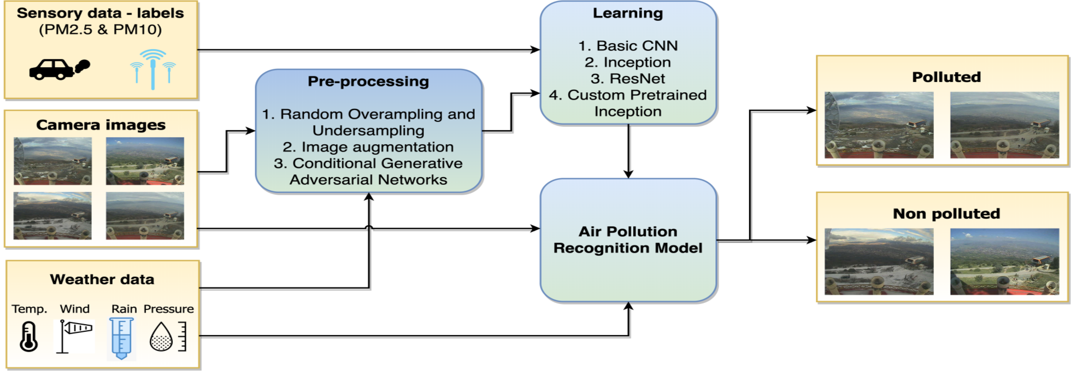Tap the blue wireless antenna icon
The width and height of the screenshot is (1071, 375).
[x=153, y=69]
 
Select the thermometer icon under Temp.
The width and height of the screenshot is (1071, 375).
[x=29, y=336]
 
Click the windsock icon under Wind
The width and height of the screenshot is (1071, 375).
[x=75, y=335]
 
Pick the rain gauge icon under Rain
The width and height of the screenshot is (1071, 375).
[x=121, y=338]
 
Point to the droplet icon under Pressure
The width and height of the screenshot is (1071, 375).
[x=162, y=337]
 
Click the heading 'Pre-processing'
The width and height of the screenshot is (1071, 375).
[x=368, y=81]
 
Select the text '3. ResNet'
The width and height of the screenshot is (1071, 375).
[x=628, y=79]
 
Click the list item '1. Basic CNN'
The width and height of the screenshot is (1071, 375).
[x=628, y=46]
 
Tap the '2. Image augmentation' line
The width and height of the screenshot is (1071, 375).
[x=368, y=147]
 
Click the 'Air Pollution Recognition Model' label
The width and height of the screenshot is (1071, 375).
[x=628, y=240]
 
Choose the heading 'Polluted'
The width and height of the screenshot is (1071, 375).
[x=946, y=77]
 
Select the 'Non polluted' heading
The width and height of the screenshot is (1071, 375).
[x=946, y=214]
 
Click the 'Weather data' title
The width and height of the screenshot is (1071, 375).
[x=102, y=279]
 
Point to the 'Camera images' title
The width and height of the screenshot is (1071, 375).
[x=101, y=125]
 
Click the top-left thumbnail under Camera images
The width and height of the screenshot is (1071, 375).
[x=53, y=161]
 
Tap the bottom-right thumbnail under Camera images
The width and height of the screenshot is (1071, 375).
[x=145, y=215]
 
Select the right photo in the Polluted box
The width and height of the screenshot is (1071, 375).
[x=1004, y=125]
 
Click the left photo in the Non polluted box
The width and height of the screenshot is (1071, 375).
[x=879, y=262]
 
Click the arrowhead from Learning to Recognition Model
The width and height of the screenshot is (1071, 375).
[x=628, y=174]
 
